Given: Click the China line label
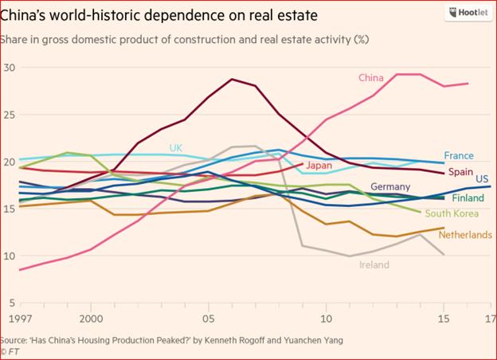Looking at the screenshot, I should pyautogui.click(x=372, y=78).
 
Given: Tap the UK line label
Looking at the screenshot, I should pyautogui.click(x=176, y=148).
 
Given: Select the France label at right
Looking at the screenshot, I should pyautogui.click(x=460, y=156).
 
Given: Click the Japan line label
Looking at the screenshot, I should pyautogui.click(x=319, y=166).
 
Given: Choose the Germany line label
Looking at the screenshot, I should pyautogui.click(x=390, y=186).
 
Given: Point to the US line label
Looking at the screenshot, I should pyautogui.click(x=482, y=180).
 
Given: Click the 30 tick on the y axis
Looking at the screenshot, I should pyautogui.click(x=10, y=68).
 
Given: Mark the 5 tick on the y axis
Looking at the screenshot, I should pyautogui.click(x=13, y=303).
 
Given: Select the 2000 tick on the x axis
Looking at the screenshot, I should pyautogui.click(x=90, y=318).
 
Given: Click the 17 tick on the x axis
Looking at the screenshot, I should pyautogui.click(x=486, y=318).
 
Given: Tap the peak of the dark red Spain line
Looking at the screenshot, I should pyautogui.click(x=231, y=80).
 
